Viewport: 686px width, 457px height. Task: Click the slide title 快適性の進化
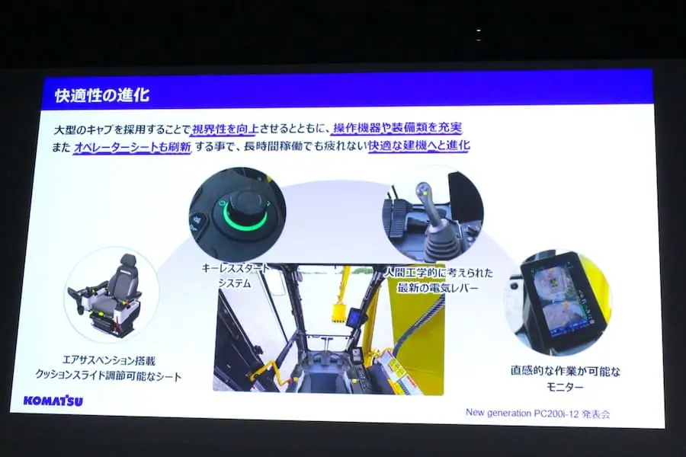(x=102, y=96)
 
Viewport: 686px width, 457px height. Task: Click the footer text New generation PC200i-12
(x=538, y=413)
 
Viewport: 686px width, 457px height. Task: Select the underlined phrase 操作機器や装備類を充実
(x=397, y=127)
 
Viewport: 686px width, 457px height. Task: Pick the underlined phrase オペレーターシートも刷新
(x=131, y=146)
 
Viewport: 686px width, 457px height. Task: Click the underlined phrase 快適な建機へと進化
(x=418, y=145)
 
